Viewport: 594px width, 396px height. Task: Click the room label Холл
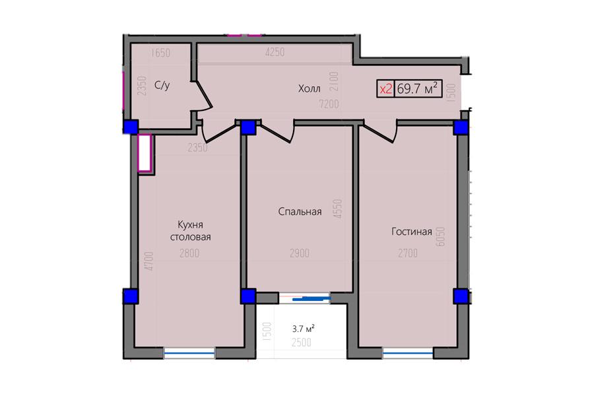(x=309, y=88)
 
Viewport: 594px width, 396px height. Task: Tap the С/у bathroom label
(x=162, y=85)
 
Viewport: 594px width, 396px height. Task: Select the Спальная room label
(x=300, y=211)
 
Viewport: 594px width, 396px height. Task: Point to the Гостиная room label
(x=412, y=232)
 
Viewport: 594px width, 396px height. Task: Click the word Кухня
(x=191, y=224)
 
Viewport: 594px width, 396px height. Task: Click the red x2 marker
(x=385, y=89)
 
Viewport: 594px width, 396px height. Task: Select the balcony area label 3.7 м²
(x=303, y=329)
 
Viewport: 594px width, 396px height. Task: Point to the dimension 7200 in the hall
(x=329, y=104)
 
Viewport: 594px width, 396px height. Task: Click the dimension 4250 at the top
(x=275, y=52)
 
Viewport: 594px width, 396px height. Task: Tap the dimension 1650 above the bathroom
(x=160, y=53)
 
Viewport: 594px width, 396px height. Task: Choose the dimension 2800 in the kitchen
(x=189, y=253)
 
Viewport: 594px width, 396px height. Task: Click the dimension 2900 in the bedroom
(x=300, y=253)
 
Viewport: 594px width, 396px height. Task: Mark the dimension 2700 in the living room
(x=408, y=253)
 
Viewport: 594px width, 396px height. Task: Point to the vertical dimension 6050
(x=440, y=237)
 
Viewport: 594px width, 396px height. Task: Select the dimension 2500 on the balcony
(x=302, y=342)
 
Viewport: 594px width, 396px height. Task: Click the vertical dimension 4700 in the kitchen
(x=149, y=261)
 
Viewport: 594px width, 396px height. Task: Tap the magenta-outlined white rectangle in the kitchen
(x=145, y=152)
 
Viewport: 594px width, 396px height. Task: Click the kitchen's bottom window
(x=189, y=353)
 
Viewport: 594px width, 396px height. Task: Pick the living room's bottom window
(x=408, y=353)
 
